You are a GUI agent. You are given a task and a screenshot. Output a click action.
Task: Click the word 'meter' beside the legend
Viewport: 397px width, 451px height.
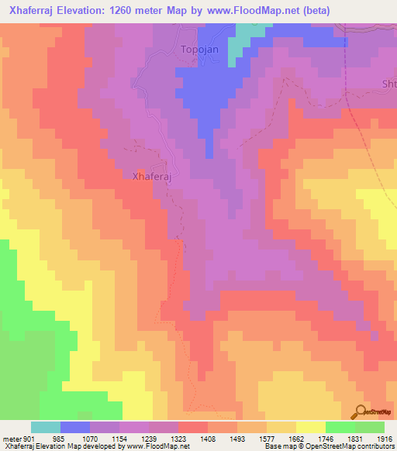pos(10,439)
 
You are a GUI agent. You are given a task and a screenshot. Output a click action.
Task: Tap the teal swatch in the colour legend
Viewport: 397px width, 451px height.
pos(46,427)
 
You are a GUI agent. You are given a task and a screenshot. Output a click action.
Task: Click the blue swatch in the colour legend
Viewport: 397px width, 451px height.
pos(75,427)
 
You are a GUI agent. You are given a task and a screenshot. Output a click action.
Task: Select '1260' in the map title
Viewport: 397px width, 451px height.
pos(136,10)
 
